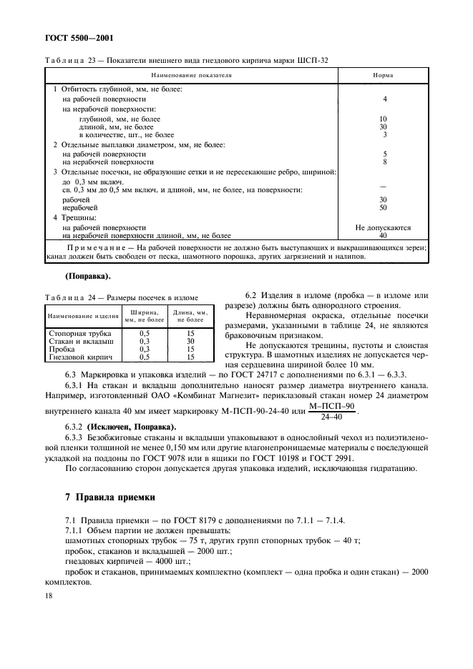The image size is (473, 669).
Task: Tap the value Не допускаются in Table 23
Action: point(383,227)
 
